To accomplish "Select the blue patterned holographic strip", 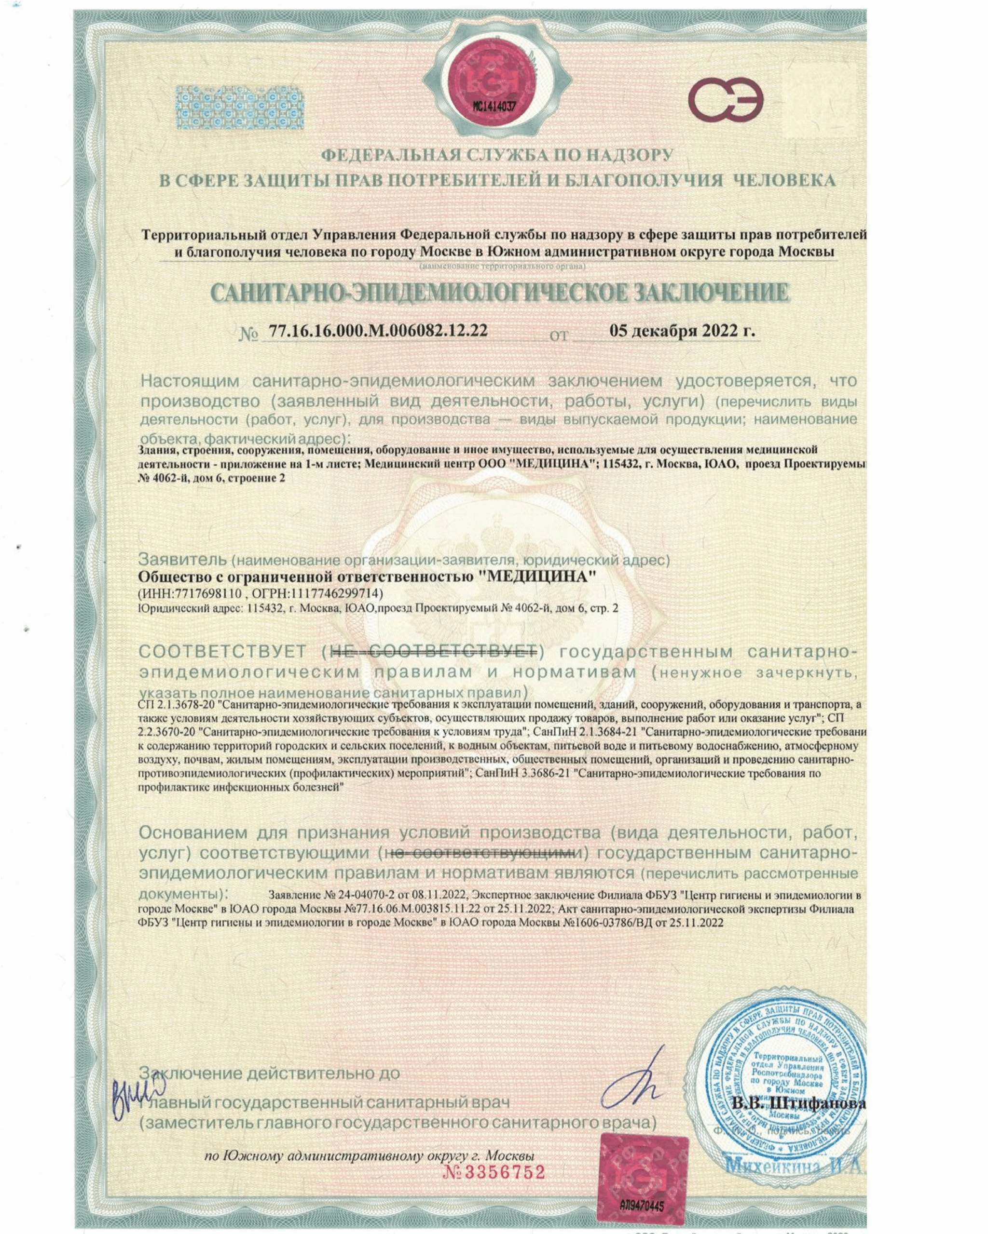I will pyautogui.click(x=239, y=107).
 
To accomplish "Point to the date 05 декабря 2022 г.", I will pyautogui.click(x=682, y=331).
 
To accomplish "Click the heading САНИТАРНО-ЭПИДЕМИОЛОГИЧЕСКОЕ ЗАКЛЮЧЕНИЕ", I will pyautogui.click(x=499, y=293).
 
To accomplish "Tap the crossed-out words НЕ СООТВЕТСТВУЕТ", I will pyautogui.click(x=435, y=651).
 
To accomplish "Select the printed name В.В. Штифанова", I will pyautogui.click(x=799, y=1102).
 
